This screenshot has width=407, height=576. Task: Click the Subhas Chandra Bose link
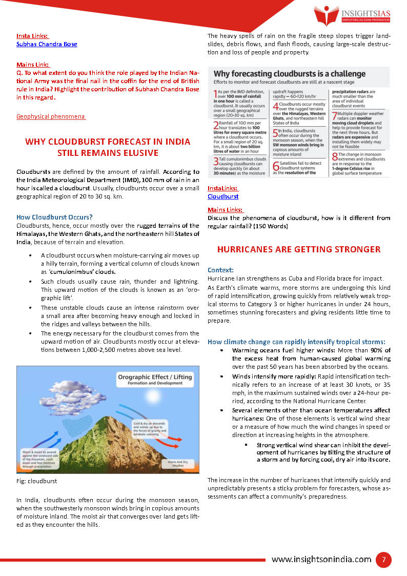47,44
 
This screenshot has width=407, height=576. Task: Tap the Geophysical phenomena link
51,116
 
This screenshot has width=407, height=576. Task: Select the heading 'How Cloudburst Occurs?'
54,217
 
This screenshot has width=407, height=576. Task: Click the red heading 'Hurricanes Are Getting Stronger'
299,249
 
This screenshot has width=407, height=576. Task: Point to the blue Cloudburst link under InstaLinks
223,196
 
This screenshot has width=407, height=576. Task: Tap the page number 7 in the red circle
383,560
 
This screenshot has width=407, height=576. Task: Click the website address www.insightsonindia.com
321,560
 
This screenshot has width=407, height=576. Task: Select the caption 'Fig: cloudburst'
36,481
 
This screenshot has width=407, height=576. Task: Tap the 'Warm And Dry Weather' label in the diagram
178,463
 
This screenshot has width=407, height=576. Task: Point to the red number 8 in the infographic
334,156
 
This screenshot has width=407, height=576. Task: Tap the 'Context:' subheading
220,270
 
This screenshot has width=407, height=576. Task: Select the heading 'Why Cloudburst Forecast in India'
108,142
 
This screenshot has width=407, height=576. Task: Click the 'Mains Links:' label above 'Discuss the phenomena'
226,210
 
